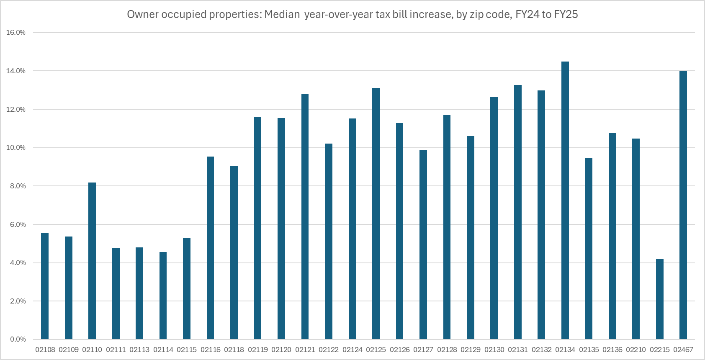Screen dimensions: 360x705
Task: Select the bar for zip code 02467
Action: coord(683,205)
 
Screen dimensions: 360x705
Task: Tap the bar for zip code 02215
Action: coord(659,299)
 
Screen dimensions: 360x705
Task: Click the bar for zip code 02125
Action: coord(376,213)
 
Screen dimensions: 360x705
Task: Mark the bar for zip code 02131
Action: coord(518,212)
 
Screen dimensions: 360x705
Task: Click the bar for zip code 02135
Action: coord(589,249)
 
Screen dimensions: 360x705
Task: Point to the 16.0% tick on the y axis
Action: coord(16,33)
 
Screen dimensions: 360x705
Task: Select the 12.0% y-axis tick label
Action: coord(16,109)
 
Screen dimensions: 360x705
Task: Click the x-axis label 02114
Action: coord(163,350)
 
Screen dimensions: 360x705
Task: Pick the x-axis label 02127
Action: coord(423,350)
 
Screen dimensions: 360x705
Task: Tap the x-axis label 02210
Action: coord(636,350)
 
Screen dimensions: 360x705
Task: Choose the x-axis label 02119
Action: coord(257,350)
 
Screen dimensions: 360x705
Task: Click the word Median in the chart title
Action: coord(282,15)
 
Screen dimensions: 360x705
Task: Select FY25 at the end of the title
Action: coord(566,15)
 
